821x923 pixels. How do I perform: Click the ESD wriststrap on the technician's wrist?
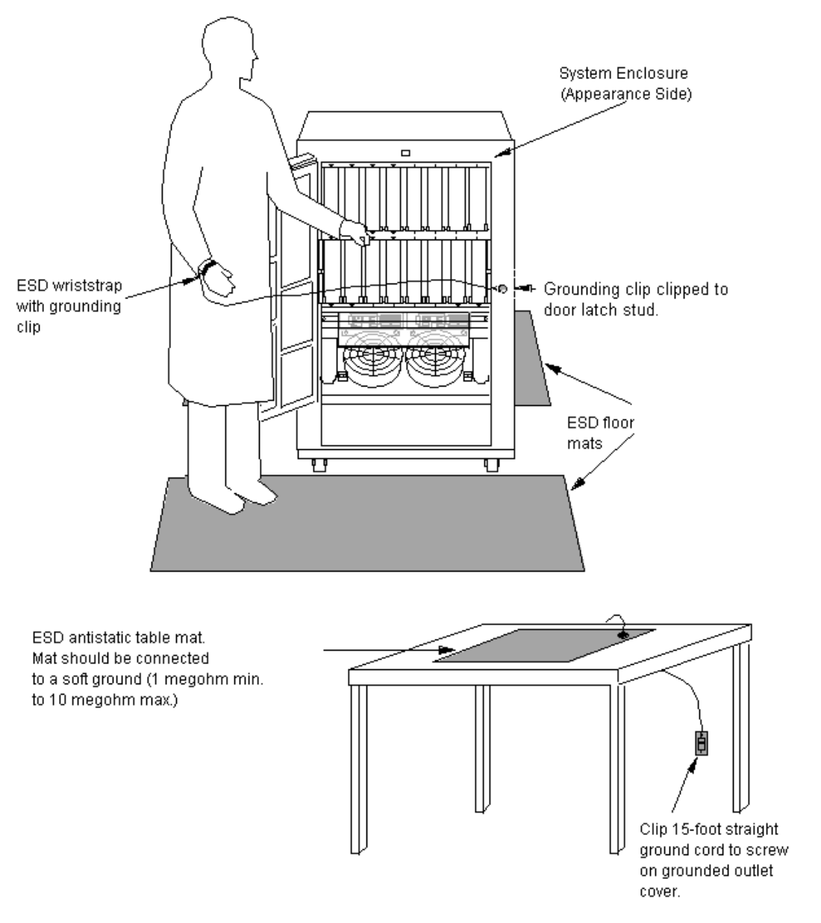[x=207, y=268]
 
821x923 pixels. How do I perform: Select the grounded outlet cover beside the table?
[x=702, y=743]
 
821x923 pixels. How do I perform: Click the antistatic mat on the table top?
[x=544, y=645]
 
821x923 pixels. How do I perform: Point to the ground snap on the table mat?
[x=623, y=635]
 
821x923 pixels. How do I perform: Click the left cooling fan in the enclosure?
[x=372, y=360]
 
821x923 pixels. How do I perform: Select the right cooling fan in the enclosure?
[x=434, y=360]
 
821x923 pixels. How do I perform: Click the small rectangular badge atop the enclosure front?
[x=405, y=153]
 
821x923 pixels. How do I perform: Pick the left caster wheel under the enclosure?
[x=319, y=465]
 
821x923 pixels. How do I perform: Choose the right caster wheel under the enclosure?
[x=492, y=465]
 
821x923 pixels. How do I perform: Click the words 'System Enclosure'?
[x=623, y=73]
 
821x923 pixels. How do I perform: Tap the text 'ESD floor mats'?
[x=600, y=433]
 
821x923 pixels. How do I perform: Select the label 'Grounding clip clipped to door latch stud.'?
[x=636, y=299]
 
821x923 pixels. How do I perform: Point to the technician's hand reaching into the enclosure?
[x=355, y=233]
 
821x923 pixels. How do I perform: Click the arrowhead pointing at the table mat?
[x=447, y=650]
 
